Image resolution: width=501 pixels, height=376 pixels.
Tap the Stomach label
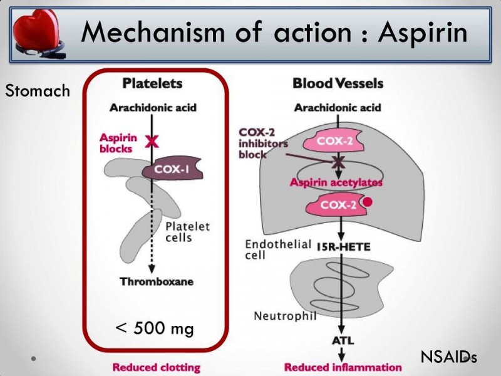pos(38,91)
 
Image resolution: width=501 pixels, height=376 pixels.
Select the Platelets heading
pos(152,83)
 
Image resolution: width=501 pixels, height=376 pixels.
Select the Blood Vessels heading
pos(338,83)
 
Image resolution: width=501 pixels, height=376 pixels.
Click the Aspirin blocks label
pos(116,143)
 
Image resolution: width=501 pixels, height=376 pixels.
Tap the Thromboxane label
pos(157,281)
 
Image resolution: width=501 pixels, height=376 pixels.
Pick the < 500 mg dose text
pos(155,328)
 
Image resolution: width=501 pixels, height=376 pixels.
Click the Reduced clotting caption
pos(156,367)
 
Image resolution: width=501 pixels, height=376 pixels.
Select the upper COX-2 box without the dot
pos(334,141)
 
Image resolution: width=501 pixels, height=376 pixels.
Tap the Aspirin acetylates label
pos(336,182)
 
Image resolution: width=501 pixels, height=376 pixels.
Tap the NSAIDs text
pos(448,357)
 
